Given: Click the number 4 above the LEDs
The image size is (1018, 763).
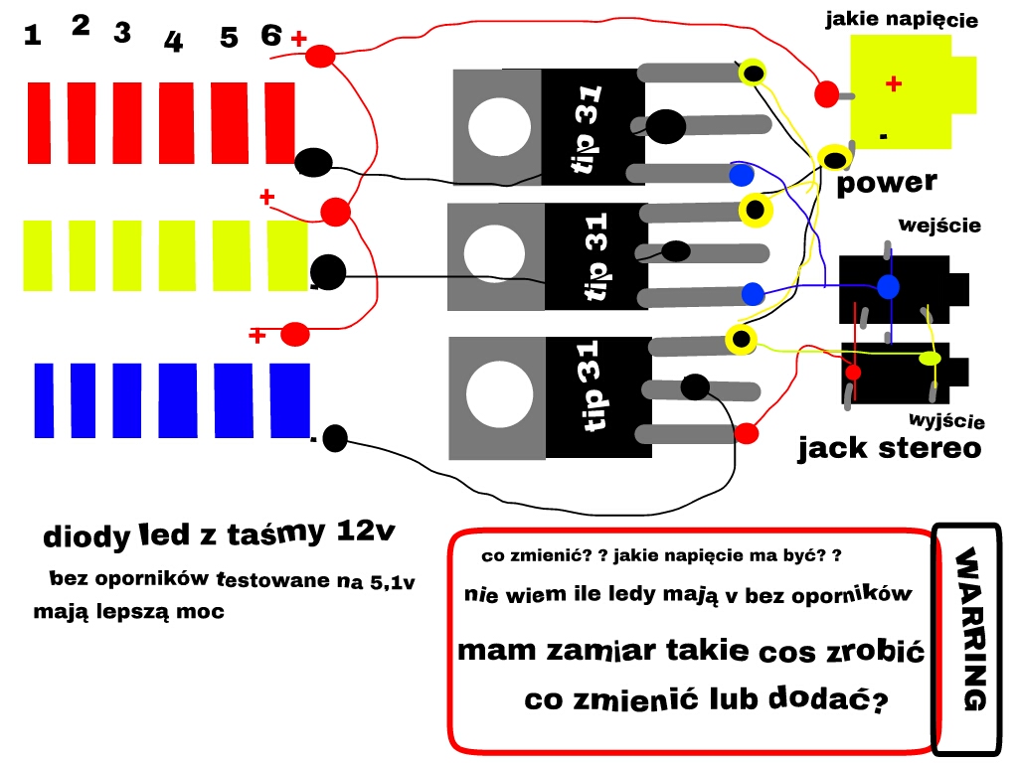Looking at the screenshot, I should pyautogui.click(x=173, y=42).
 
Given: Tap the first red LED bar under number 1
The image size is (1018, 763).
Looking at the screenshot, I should pyautogui.click(x=39, y=123).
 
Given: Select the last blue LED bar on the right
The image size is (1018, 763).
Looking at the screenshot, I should pyautogui.click(x=289, y=400).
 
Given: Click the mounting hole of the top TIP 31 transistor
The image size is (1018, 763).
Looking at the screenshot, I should pyautogui.click(x=499, y=128).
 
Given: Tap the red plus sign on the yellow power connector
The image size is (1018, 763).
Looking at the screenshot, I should pyautogui.click(x=893, y=84).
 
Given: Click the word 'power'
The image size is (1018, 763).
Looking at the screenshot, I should pyautogui.click(x=886, y=183).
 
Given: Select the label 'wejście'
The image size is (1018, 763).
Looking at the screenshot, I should pyautogui.click(x=938, y=226).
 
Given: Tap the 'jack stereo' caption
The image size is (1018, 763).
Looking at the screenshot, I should pyautogui.click(x=889, y=448).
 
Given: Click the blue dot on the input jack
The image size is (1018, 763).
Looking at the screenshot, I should pyautogui.click(x=889, y=287).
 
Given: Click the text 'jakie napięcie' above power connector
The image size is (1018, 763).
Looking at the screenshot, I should pyautogui.click(x=902, y=20).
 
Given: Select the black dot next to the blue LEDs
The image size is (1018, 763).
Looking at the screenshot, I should pyautogui.click(x=335, y=437).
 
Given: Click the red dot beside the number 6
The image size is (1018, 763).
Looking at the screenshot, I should pyautogui.click(x=319, y=58).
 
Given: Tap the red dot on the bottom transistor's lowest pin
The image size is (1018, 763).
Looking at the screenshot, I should pyautogui.click(x=747, y=433).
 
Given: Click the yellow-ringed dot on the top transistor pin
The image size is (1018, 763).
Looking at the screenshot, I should pyautogui.click(x=754, y=72).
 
